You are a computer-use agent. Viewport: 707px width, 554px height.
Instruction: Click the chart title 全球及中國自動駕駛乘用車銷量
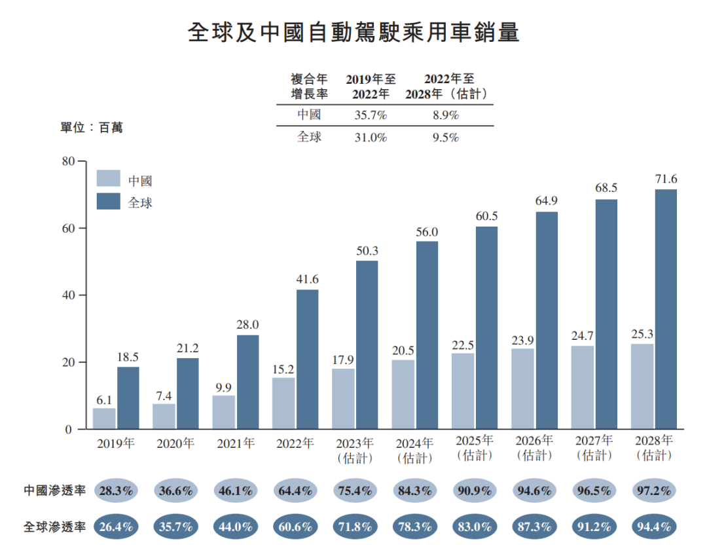tap(353, 32)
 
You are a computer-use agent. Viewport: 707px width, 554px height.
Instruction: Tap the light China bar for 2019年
tap(104, 418)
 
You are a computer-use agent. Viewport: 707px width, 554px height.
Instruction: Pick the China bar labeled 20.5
tap(403, 394)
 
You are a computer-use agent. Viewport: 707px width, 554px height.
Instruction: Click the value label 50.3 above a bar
tap(367, 251)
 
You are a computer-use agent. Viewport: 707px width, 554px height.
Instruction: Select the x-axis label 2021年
tap(235, 443)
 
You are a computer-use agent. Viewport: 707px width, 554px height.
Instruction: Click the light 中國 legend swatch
tap(108, 179)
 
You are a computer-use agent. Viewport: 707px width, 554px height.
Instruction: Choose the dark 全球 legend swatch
tap(108, 201)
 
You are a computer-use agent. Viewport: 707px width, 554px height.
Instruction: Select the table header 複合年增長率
tap(309, 86)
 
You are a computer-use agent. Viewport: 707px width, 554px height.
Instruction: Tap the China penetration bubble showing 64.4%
tap(295, 490)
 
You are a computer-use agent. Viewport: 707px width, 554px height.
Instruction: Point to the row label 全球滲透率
tap(54, 526)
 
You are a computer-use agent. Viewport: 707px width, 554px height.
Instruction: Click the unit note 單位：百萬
tap(92, 128)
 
